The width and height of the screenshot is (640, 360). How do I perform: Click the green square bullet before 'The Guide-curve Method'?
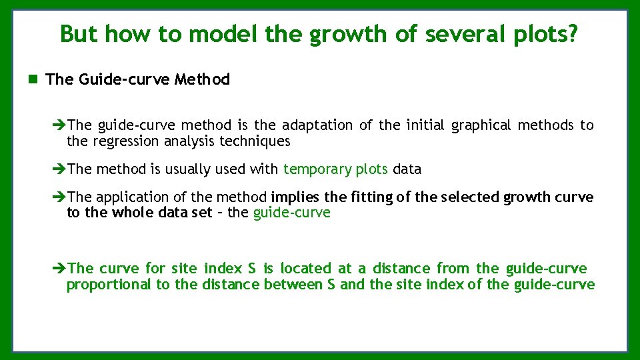click(x=33, y=79)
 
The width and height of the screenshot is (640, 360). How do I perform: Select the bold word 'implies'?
click(x=295, y=197)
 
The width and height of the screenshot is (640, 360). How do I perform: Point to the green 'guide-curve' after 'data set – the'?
click(x=291, y=213)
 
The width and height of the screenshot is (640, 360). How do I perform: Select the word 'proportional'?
click(x=109, y=285)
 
